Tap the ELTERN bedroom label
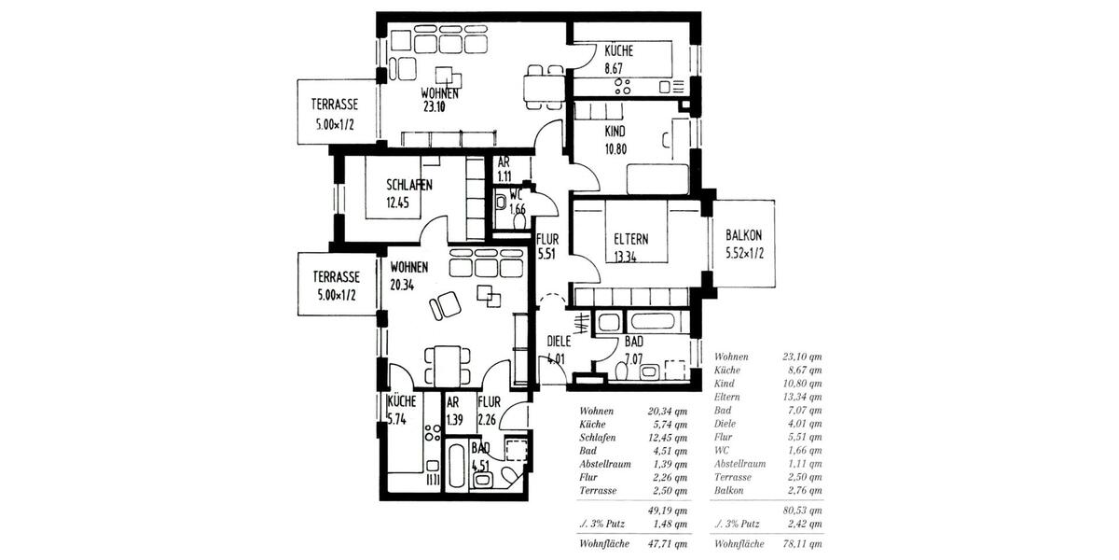click(x=631, y=238)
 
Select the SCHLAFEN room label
click(x=408, y=185)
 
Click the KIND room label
click(x=615, y=132)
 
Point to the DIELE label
click(x=559, y=341)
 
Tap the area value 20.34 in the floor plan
click(x=403, y=285)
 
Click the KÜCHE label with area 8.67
click(x=619, y=51)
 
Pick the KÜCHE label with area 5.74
click(x=402, y=402)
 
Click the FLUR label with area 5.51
click(x=547, y=239)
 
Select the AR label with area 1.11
click(x=504, y=161)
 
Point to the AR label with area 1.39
click(x=454, y=402)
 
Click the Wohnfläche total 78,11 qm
click(x=803, y=543)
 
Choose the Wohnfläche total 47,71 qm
click(x=668, y=543)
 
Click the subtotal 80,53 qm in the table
click(x=803, y=511)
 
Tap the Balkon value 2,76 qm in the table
click(x=803, y=490)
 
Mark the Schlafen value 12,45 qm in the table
click(x=668, y=437)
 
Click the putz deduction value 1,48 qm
click(x=668, y=524)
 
